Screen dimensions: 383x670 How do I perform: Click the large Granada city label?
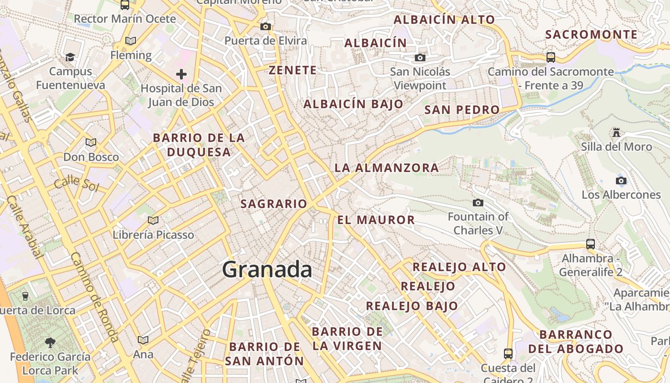[267, 270]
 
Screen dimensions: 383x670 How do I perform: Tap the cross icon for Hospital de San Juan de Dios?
[181, 74]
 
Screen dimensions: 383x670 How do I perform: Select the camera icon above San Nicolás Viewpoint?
[420, 58]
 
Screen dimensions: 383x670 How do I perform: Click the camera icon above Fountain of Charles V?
[478, 203]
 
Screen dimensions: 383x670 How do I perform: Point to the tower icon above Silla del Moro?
[616, 132]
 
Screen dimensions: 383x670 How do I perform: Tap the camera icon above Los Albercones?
[621, 180]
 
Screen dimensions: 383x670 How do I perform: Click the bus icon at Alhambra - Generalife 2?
[591, 244]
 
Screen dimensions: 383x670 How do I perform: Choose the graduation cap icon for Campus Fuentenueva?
[70, 57]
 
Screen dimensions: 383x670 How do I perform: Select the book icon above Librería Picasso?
[153, 220]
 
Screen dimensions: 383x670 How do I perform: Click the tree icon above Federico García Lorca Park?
[50, 343]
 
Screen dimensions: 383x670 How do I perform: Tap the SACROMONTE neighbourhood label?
[592, 34]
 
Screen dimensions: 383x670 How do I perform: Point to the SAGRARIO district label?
[274, 204]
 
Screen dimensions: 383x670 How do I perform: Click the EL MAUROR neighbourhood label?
[376, 220]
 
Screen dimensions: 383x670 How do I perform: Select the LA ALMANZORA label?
[387, 168]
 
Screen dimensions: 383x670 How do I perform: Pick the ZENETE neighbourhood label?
[293, 70]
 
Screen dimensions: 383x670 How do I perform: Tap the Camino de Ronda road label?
[94, 297]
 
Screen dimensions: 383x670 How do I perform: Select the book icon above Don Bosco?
[91, 142]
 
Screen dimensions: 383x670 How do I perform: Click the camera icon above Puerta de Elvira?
[266, 26]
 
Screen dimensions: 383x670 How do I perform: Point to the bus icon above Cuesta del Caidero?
[508, 354]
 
